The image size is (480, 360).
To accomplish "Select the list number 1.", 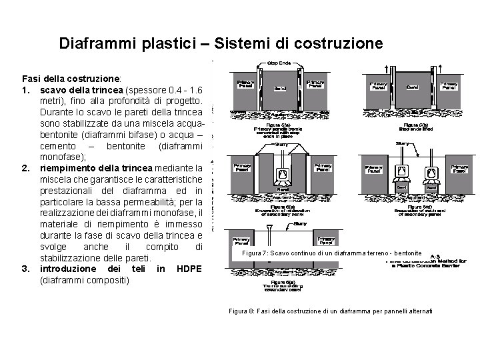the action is coord(26,90).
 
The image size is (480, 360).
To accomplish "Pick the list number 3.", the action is coord(26,269).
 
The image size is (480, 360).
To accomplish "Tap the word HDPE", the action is coord(189,269).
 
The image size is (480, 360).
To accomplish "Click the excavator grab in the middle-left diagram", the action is coord(282,175).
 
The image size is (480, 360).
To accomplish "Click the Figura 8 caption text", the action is coord(330,311).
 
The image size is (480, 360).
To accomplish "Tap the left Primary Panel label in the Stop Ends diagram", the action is coord(245,85).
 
